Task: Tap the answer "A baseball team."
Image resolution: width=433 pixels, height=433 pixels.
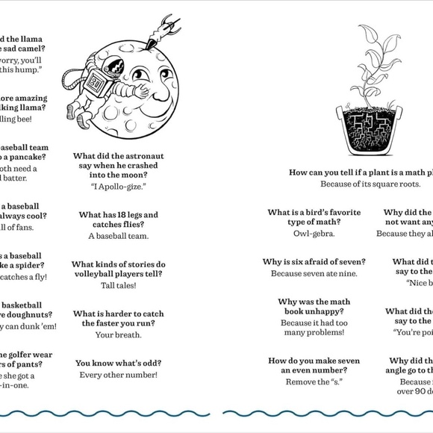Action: pyautogui.click(x=118, y=236)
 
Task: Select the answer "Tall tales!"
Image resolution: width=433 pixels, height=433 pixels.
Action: pyautogui.click(x=118, y=285)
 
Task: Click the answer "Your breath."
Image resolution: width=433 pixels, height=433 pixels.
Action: pyautogui.click(x=118, y=334)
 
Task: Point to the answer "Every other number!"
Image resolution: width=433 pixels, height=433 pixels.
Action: pyautogui.click(x=118, y=374)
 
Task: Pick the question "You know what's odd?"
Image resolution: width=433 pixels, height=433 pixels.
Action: pyautogui.click(x=118, y=363)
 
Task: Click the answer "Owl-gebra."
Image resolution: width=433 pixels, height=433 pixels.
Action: pyautogui.click(x=314, y=233)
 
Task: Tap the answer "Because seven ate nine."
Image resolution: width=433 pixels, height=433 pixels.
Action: pyautogui.click(x=314, y=273)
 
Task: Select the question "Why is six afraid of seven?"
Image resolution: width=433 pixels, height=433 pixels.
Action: pyautogui.click(x=314, y=262)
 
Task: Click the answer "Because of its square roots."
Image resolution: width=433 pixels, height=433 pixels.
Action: pyautogui.click(x=366, y=184)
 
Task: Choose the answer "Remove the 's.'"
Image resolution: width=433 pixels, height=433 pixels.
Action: pyautogui.click(x=314, y=381)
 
